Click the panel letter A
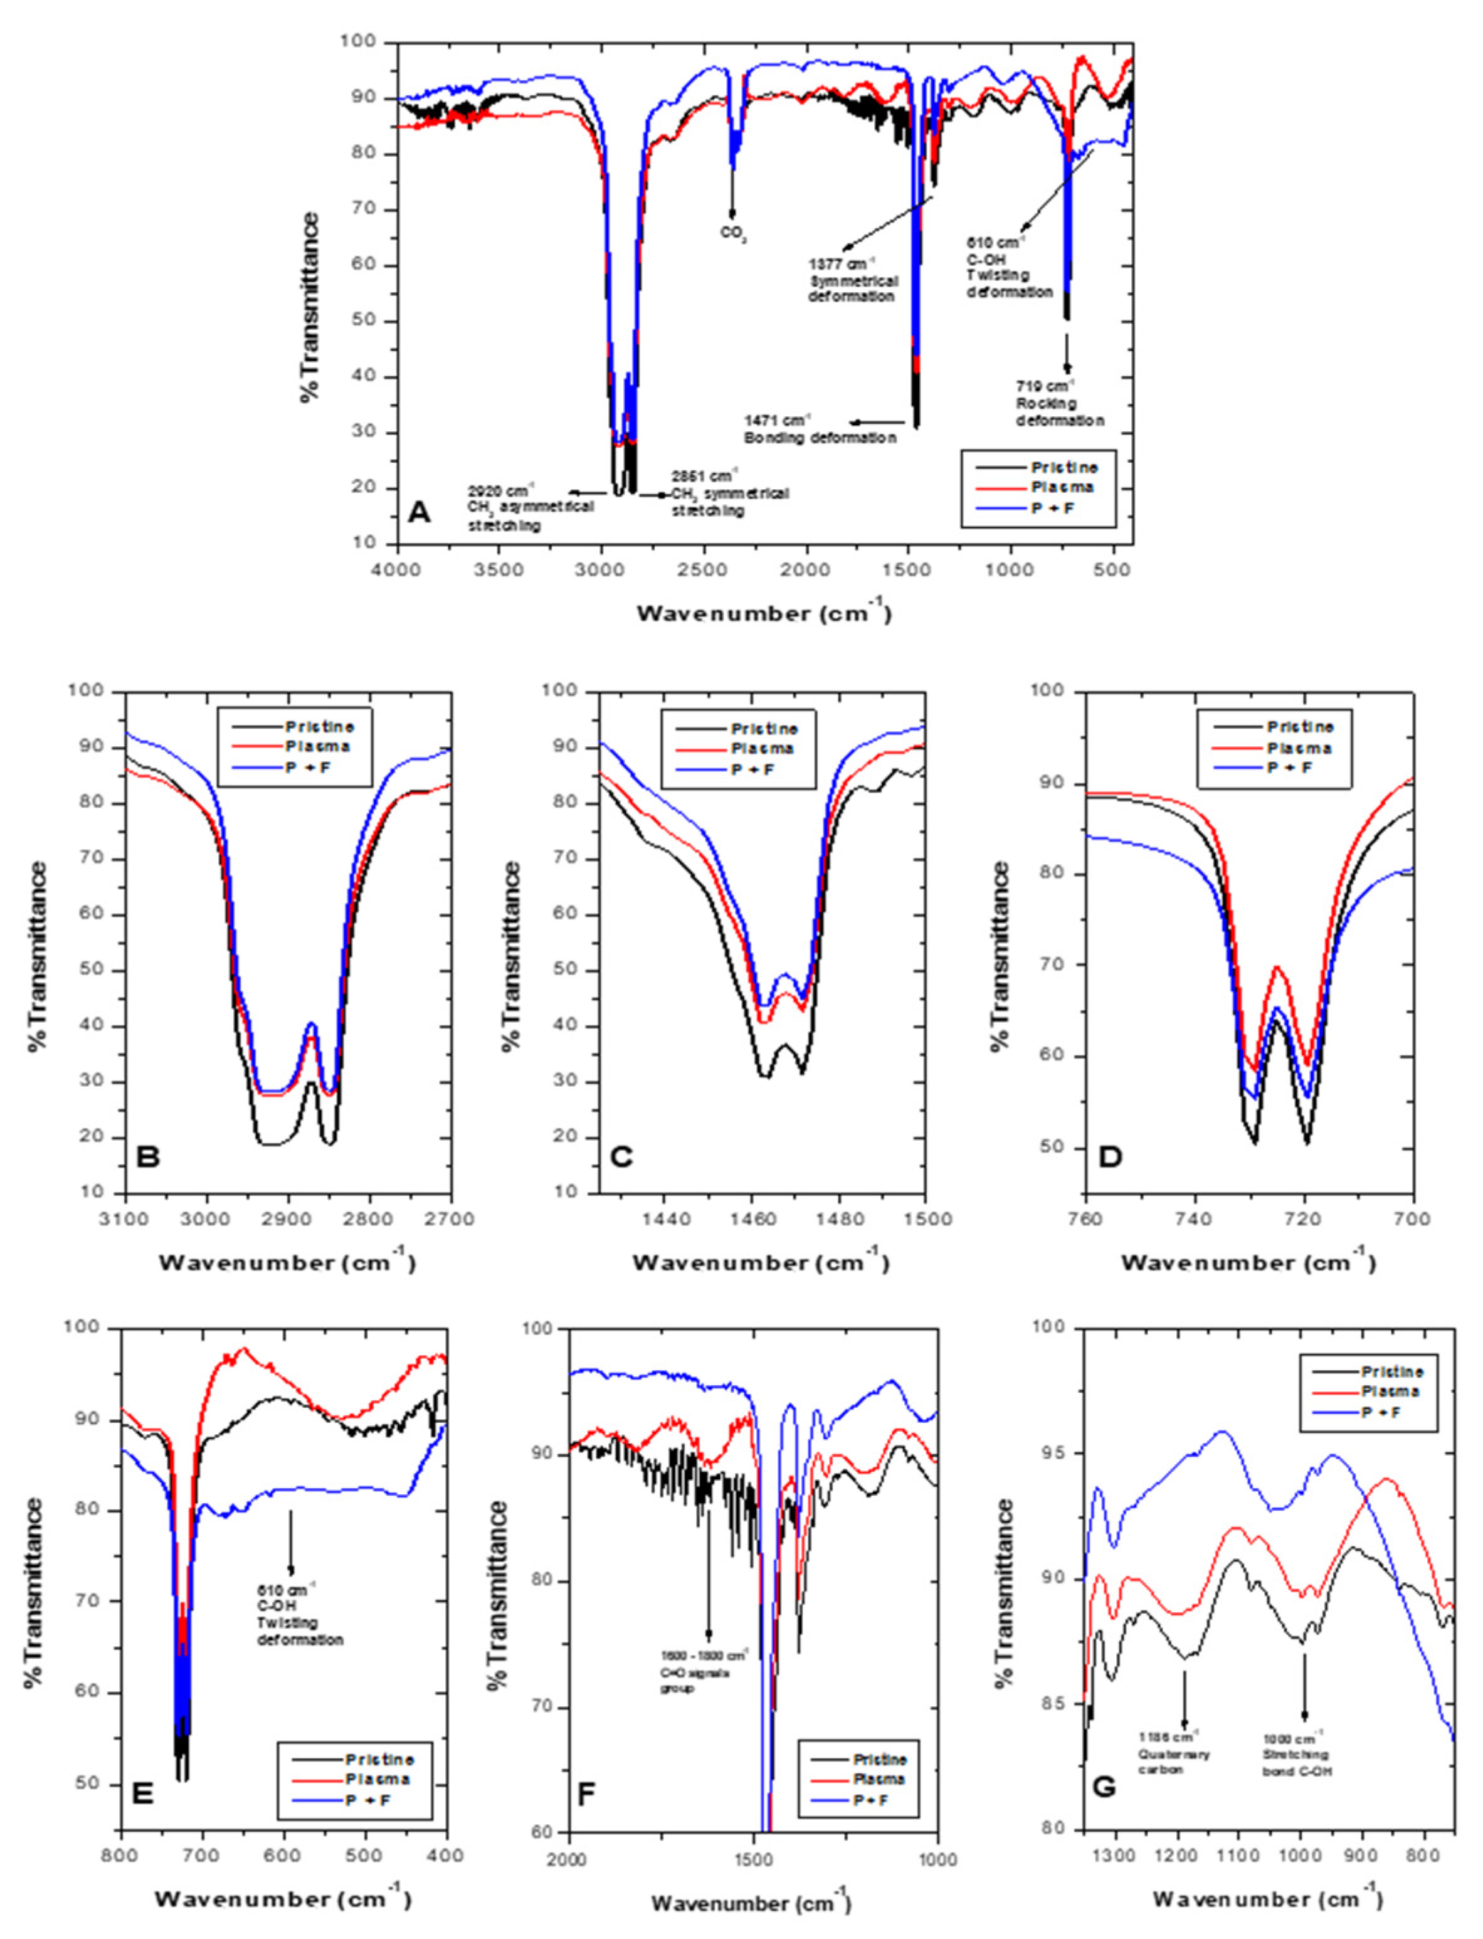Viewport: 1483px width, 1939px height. (x=420, y=511)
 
